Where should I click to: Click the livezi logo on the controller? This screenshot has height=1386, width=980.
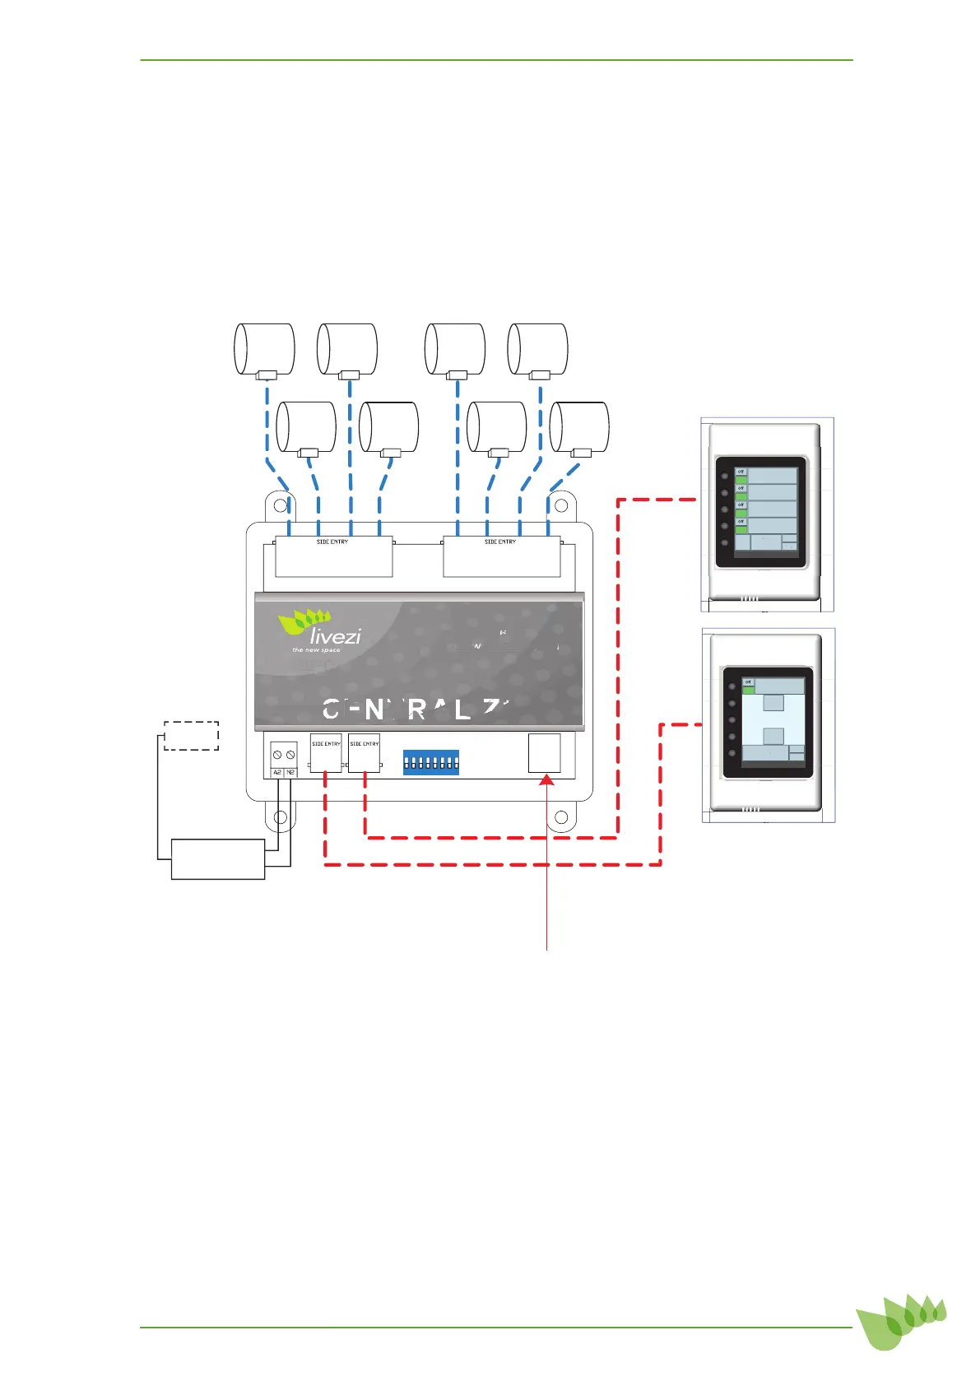[321, 630]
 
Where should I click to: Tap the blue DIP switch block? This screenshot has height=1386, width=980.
[430, 762]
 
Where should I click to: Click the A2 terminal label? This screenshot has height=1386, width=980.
[277, 772]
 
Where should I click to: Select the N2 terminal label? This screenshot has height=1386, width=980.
[290, 772]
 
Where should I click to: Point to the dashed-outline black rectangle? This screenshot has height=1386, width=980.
[191, 735]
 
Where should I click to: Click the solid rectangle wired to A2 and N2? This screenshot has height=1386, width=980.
[218, 859]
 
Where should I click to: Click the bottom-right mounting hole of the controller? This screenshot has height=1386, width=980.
[562, 817]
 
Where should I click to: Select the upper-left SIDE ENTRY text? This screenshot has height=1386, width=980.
[332, 542]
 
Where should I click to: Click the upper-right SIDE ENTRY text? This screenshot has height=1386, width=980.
[500, 542]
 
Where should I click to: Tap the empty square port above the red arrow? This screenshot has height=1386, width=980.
[544, 752]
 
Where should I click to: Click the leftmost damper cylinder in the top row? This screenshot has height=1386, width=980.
[265, 349]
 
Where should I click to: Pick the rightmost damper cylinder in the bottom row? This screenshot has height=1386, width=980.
[579, 427]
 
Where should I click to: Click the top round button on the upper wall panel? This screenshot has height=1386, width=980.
[724, 477]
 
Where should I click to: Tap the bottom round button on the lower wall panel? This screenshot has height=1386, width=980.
[731, 753]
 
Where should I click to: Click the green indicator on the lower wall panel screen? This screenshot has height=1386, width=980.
[749, 691]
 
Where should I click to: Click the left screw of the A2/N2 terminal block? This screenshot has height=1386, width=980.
[277, 755]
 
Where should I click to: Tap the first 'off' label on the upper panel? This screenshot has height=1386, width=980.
[741, 472]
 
